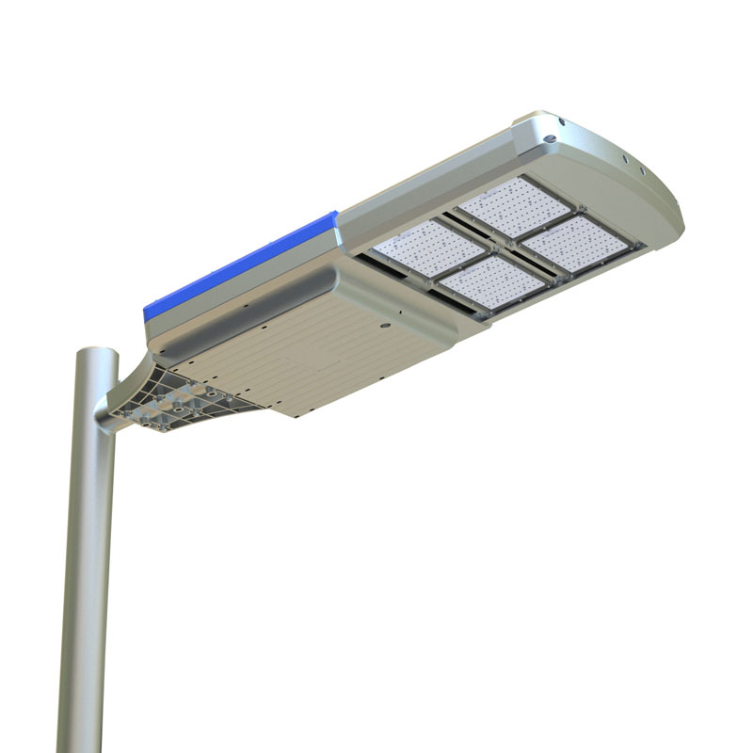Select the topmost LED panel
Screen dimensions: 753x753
click(x=513, y=205)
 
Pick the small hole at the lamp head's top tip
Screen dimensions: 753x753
click(x=560, y=121)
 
